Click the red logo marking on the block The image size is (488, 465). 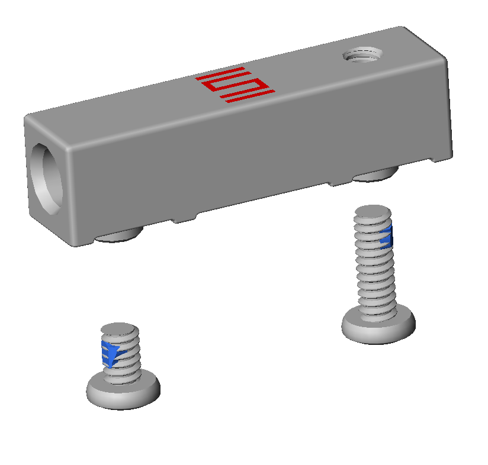click(x=235, y=85)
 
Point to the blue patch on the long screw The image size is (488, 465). click(x=386, y=237)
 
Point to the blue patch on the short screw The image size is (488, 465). click(x=110, y=353)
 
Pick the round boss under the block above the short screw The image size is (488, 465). click(x=120, y=237)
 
